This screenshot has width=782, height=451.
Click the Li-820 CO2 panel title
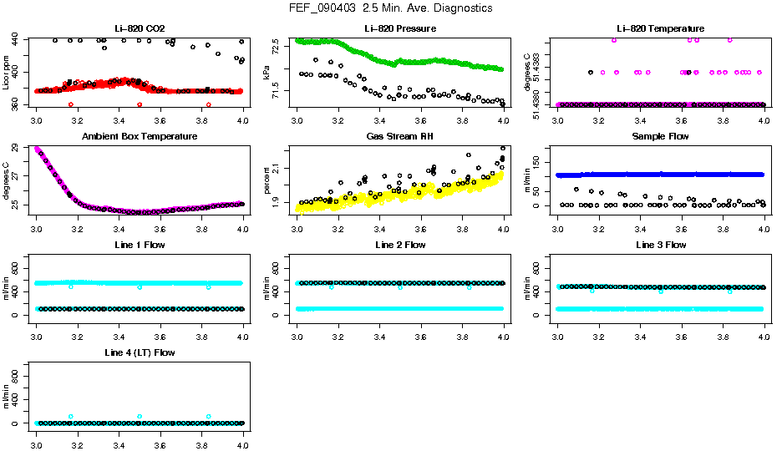tap(140, 29)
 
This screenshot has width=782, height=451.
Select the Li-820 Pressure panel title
tap(400, 29)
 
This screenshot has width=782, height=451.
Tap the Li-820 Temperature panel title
tap(661, 29)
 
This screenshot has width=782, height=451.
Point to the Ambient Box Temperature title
tap(140, 137)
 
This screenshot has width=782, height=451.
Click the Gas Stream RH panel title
tap(400, 137)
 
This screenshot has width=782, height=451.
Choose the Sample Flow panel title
tap(661, 137)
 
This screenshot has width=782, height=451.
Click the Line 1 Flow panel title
tap(140, 245)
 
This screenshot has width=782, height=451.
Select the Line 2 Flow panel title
tap(400, 245)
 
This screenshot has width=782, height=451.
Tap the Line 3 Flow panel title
tap(661, 245)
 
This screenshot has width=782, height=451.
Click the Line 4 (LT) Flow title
tap(140, 352)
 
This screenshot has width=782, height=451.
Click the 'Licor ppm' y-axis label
tap(6, 73)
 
